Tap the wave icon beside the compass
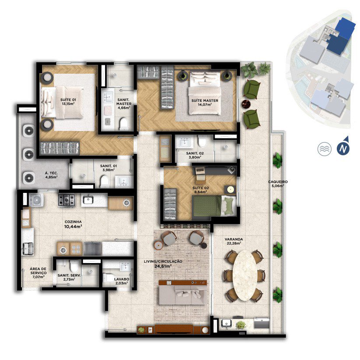coord(325,149)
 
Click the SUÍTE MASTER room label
coord(205,100)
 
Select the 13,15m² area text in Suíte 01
coord(68,103)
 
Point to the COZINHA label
coord(73,222)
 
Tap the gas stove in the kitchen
coord(67,200)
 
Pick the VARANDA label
coord(234,239)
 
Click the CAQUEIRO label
coord(278,182)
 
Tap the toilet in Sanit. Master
coord(124,124)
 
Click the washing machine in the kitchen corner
coord(36,200)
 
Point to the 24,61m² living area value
coord(163,267)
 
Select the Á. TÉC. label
coord(51,173)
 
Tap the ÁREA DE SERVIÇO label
coord(39,271)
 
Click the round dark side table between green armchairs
coord(247,104)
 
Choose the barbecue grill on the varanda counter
coord(262,323)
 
